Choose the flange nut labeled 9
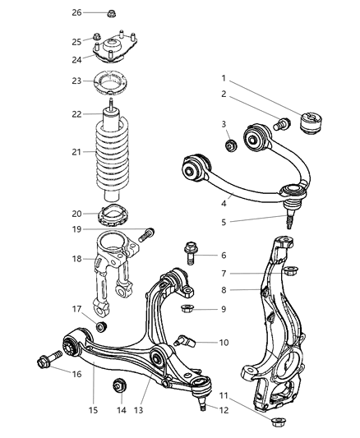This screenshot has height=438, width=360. pyautogui.click(x=187, y=309)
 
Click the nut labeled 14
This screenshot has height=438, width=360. pyautogui.click(x=120, y=384)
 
